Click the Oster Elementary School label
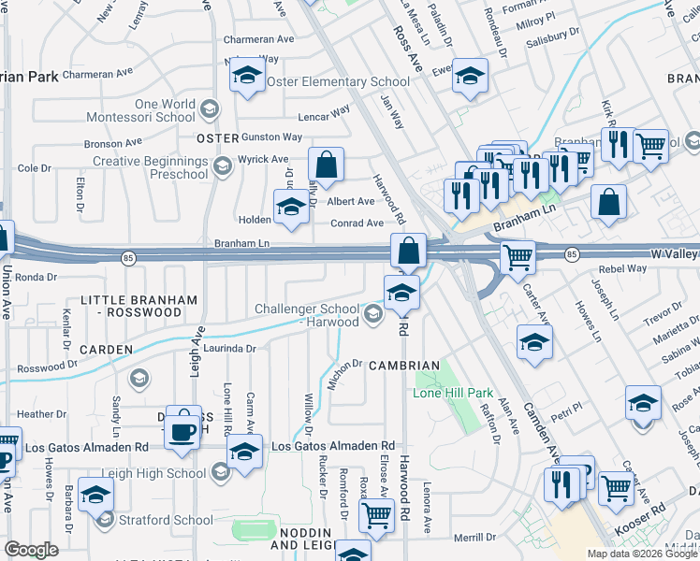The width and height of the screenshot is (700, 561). coord(338,81)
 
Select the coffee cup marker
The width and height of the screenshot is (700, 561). coord(182,430)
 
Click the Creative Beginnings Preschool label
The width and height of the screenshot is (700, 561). coord(150,167)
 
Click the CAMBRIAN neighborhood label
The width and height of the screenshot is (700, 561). coord(403,366)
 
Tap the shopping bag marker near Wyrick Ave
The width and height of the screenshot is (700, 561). coord(326,167)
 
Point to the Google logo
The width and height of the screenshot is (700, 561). coord(32,549)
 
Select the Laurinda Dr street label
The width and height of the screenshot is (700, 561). coord(229,349)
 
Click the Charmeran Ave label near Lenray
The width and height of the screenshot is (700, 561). coord(259,40)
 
